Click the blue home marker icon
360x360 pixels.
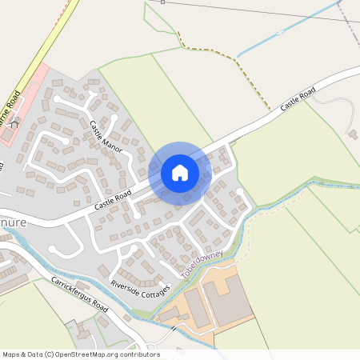coord(179,172)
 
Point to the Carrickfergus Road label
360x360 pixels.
coord(78,294)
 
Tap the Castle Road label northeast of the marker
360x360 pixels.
coord(297,98)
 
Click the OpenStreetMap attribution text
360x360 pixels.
coord(81,354)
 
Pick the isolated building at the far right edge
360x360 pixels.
coord(353,134)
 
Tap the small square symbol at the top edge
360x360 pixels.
coord(162,2)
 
